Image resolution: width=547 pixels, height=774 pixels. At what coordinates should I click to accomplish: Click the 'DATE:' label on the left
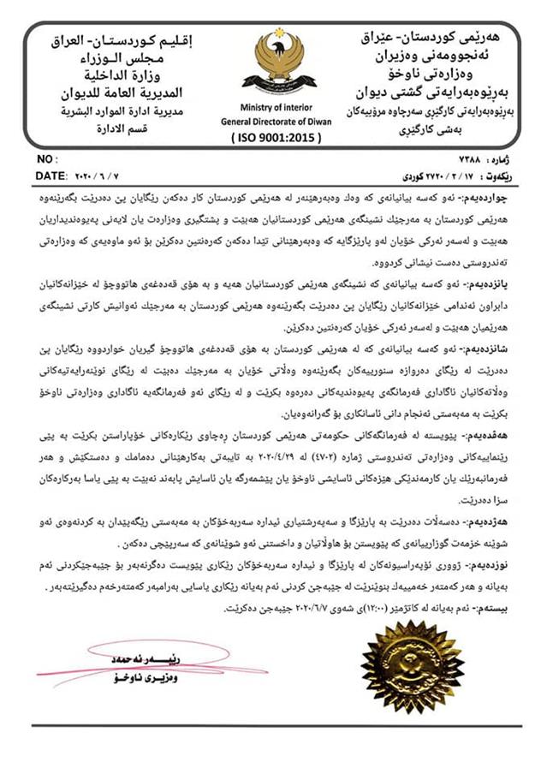tap(53, 176)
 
